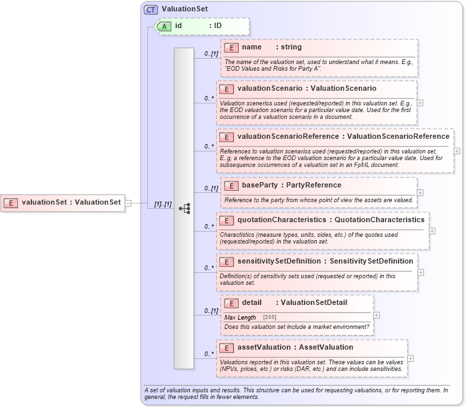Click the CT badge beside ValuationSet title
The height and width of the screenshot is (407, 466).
[151, 9]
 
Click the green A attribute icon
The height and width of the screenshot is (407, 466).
[164, 26]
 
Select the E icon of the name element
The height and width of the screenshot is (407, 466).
[231, 47]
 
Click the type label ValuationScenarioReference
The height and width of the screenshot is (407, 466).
[398, 137]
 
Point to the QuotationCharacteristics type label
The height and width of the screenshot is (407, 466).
[379, 220]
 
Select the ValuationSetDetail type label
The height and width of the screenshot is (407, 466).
[314, 302]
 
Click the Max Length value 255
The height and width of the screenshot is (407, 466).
[270, 318]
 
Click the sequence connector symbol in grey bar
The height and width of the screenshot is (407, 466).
[184, 209]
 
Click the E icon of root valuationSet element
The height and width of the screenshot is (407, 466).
[11, 202]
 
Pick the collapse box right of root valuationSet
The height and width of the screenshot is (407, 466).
[129, 202]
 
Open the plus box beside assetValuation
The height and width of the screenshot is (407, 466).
[410, 358]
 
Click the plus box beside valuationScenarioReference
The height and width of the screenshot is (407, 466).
[456, 151]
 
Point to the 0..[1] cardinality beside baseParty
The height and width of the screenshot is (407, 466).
[210, 189]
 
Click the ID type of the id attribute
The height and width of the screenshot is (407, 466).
[217, 26]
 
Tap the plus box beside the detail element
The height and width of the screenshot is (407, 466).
[377, 315]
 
